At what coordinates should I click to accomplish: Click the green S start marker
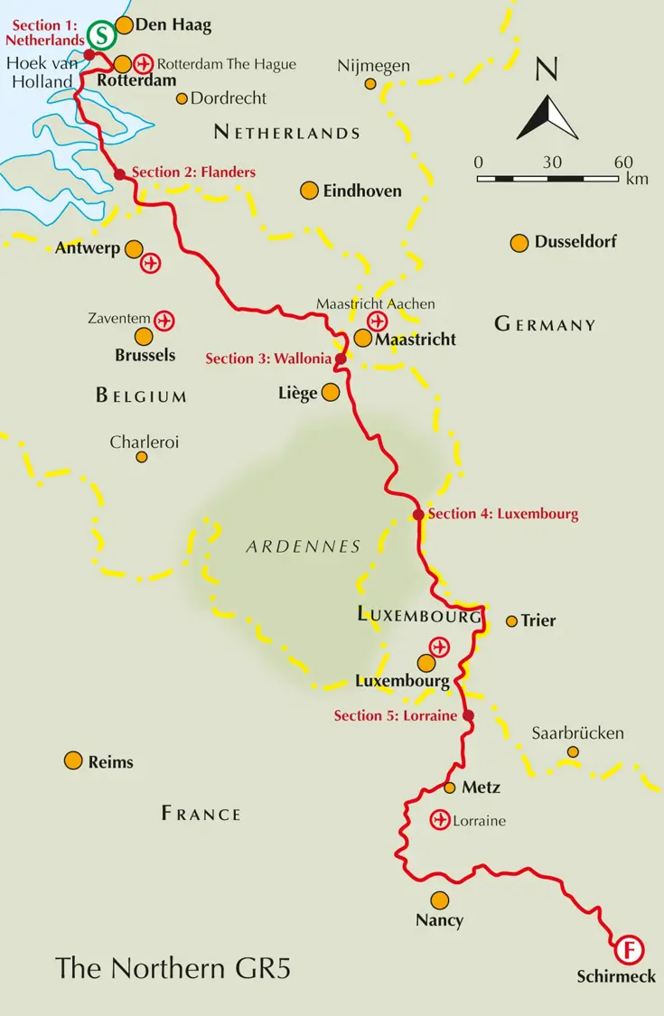coord(102,36)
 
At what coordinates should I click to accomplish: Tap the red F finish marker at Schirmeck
coord(629,950)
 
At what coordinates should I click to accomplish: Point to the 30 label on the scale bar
coord(552,163)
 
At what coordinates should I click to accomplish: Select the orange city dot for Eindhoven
coord(309,191)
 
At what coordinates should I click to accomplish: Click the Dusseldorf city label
coord(575,242)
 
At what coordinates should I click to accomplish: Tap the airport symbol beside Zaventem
coord(164,320)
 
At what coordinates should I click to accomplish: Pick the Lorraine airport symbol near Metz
coord(439,820)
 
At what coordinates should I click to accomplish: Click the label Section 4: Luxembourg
coord(502,514)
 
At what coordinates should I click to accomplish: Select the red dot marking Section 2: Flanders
coord(119,173)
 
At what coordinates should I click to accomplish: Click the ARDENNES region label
coord(303,546)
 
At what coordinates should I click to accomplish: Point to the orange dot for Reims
coord(73,760)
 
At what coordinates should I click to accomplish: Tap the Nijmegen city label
coord(373,66)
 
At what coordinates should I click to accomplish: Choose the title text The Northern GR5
coord(173,967)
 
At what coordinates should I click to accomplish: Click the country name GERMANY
coord(545,324)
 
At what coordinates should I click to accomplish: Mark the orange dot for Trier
coord(511,620)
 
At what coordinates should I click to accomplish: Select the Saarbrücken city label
coord(577,732)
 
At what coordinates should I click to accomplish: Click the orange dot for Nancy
coord(439,900)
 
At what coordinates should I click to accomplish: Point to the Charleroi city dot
coord(142,457)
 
